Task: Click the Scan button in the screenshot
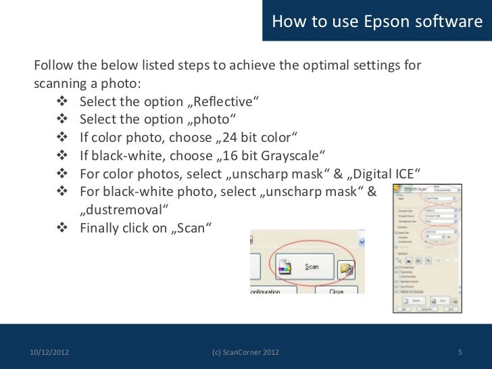303,267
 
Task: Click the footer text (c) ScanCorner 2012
245,352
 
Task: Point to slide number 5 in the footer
460,352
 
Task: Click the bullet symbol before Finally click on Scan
61,227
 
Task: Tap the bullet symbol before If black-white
61,155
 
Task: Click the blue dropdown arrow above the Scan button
362,242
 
